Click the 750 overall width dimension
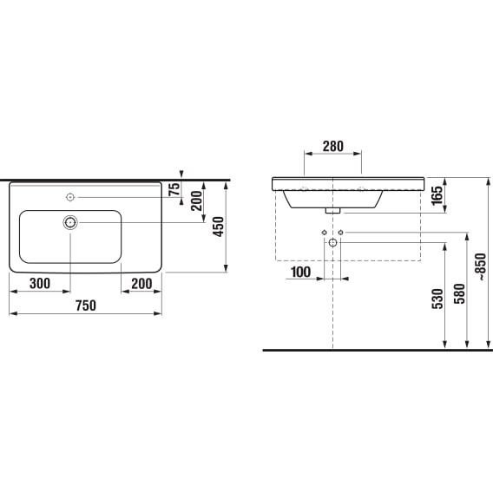(86, 306)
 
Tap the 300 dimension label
(40, 284)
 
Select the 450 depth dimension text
(219, 227)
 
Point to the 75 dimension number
(174, 189)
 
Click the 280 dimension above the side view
(333, 146)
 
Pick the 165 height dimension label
(437, 195)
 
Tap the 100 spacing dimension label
(301, 273)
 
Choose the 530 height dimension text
(437, 299)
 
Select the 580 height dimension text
(459, 293)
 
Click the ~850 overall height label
(482, 266)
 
